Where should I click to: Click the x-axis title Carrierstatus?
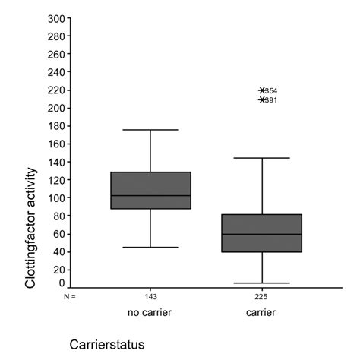click(x=106, y=344)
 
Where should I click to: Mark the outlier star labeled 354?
click(x=262, y=90)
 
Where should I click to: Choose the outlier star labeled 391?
click(x=262, y=99)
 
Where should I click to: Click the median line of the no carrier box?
click(x=150, y=196)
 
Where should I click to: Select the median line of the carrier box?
click(x=262, y=234)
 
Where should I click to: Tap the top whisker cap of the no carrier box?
click(x=150, y=130)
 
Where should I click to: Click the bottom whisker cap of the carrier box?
click(x=262, y=283)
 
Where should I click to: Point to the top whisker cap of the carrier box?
click(x=262, y=158)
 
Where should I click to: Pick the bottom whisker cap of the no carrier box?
click(x=150, y=247)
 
